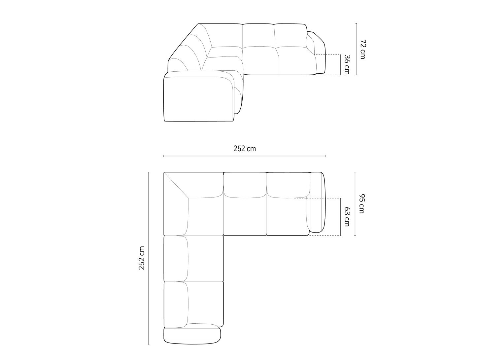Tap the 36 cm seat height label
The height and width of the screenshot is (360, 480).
coord(346,64)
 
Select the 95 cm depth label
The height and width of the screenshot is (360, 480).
coord(361,204)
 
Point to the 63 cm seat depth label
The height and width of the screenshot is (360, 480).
coord(346,217)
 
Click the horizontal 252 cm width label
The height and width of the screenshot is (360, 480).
coord(245,149)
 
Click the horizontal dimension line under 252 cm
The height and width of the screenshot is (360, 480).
coord(245,156)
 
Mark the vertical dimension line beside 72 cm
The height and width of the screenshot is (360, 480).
coord(356,50)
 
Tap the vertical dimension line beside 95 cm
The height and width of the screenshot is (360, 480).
coord(355,204)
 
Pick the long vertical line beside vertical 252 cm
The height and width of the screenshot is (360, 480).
coord(149,258)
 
